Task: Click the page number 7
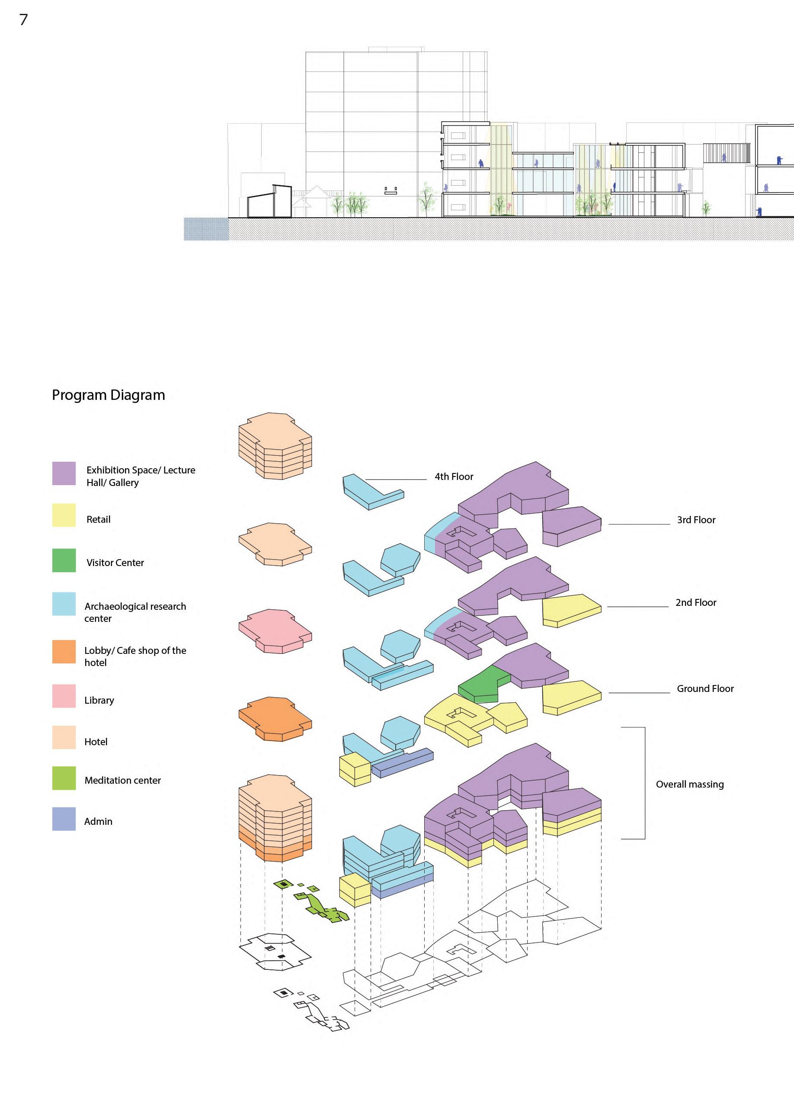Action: (24, 20)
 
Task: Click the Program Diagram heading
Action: (109, 395)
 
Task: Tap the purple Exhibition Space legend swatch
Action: (64, 473)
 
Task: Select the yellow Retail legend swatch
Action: (64, 515)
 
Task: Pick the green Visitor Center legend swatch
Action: (64, 560)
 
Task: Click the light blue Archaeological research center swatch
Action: (64, 604)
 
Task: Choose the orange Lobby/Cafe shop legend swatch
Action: (64, 652)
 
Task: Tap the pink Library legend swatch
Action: (64, 696)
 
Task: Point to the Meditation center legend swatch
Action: (64, 778)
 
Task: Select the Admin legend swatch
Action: (64, 819)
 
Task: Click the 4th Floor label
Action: (454, 476)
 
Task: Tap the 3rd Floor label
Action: (696, 520)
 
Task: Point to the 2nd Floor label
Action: (696, 602)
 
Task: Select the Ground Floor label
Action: (705, 689)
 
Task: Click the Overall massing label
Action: (689, 784)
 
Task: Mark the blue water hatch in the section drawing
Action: (206, 229)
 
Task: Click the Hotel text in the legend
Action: (96, 742)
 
